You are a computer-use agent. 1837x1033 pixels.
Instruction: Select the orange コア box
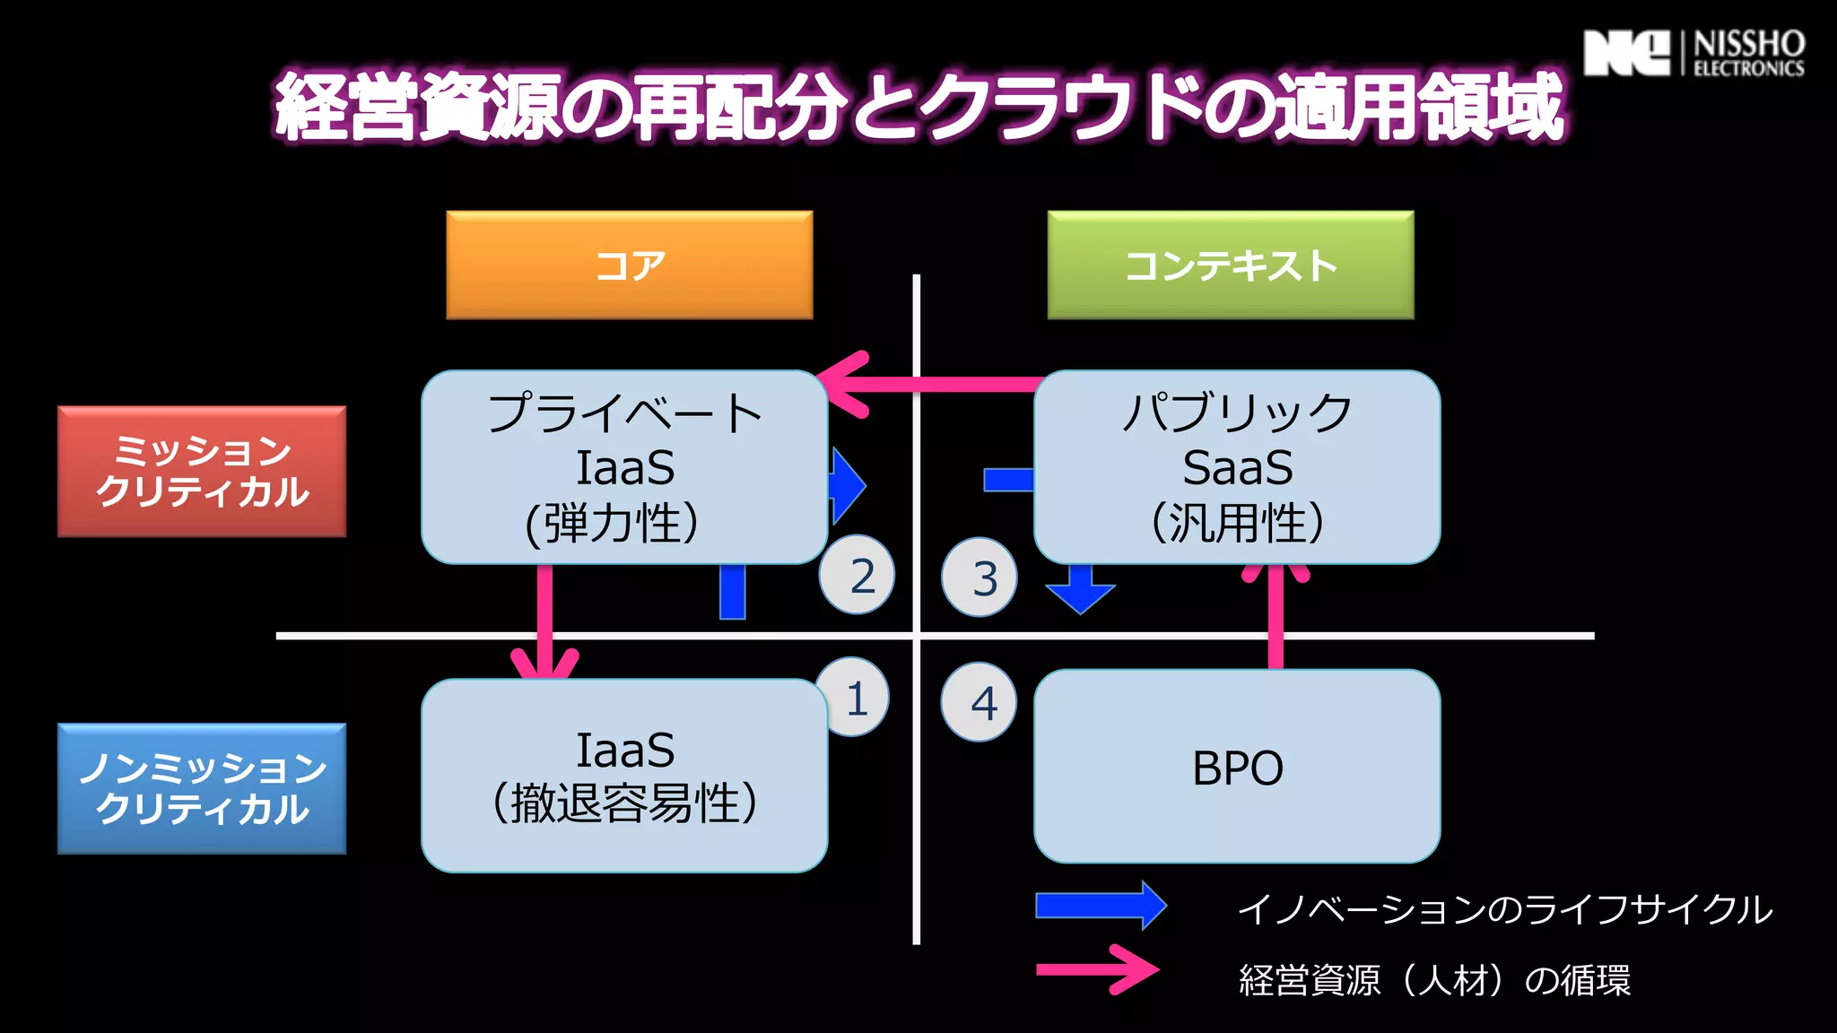630,265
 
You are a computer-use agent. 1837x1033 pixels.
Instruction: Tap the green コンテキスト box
1231,265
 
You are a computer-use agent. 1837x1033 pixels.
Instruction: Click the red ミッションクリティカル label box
202,472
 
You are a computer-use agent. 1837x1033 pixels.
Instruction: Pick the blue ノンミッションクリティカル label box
202,788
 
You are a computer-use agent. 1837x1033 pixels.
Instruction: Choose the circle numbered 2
858,575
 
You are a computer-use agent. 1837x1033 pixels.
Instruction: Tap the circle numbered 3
980,577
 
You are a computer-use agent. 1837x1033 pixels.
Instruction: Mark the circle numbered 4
979,702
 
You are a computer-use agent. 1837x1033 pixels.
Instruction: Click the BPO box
1237,768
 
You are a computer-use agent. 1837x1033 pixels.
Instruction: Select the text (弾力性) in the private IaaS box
612,524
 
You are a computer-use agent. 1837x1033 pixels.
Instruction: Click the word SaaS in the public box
1238,468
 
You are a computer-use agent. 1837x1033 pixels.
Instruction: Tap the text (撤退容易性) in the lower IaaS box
624,803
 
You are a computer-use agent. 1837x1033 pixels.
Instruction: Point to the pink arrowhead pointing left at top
843,384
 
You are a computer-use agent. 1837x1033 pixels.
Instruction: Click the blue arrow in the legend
1101,905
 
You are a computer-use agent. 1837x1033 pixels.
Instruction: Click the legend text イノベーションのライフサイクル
1504,909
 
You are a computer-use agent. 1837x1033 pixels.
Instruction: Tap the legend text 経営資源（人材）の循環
1434,980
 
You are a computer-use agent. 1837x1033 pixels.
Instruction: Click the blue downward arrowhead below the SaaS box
1081,595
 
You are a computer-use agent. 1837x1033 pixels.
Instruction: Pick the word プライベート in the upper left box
625,413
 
